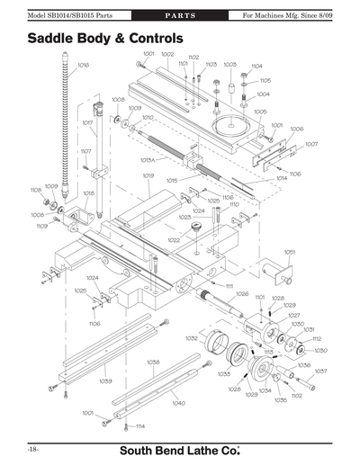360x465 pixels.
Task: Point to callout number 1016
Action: (x=83, y=65)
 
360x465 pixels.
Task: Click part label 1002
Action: (x=167, y=55)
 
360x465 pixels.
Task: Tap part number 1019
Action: (x=147, y=174)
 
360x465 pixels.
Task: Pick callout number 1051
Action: (x=290, y=252)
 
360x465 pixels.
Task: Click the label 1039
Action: (x=105, y=380)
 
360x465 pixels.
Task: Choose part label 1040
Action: (x=178, y=403)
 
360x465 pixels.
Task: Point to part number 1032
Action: (x=191, y=338)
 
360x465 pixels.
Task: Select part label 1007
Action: (x=311, y=144)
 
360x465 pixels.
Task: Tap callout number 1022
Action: (x=173, y=240)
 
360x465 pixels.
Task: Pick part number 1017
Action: (x=87, y=122)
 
